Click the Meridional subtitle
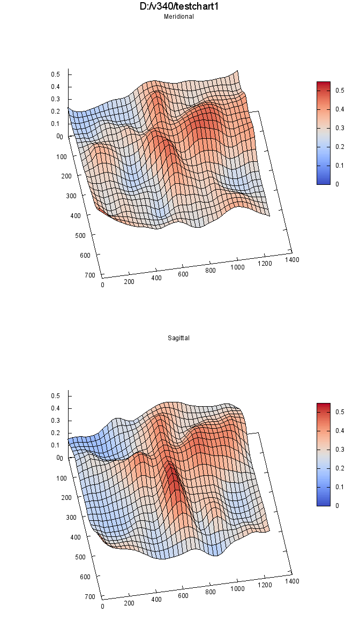tap(178, 17)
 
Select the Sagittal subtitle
tap(178, 338)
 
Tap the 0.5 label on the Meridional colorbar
tap(339, 91)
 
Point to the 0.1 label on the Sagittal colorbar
tap(339, 487)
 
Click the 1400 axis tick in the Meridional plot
tap(292, 259)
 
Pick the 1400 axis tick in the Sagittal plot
tap(292, 581)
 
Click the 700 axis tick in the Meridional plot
tap(89, 275)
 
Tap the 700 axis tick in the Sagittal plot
tap(89, 596)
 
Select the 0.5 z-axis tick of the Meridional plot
tap(55, 74)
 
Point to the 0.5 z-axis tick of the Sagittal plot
tap(55, 395)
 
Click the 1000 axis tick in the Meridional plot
tap(237, 267)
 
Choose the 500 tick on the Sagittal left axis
tap(80, 557)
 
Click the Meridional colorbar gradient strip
tap(323, 133)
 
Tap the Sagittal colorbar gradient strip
tap(323, 454)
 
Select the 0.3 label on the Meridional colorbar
tap(339, 128)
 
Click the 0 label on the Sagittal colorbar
tap(336, 505)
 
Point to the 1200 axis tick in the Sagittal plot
tap(265, 585)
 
